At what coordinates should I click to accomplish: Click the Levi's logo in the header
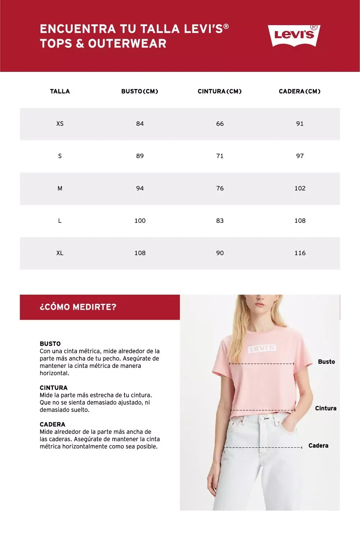[294, 35]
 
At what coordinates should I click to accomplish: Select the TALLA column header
[60, 91]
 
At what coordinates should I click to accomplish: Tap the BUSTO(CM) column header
[140, 91]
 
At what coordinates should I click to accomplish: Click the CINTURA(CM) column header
[219, 91]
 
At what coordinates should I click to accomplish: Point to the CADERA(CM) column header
[300, 91]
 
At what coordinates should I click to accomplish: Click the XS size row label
[60, 124]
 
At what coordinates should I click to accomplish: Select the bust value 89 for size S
[140, 156]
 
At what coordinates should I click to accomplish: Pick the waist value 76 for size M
[220, 188]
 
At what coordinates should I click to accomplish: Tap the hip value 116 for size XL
[300, 253]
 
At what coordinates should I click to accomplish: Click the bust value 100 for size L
[140, 221]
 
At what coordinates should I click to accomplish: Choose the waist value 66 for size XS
[220, 124]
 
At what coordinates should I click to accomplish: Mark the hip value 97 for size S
[300, 156]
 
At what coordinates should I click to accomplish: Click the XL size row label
[60, 253]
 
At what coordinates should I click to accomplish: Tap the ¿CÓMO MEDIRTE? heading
[78, 307]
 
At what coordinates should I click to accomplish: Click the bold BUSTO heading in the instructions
[50, 344]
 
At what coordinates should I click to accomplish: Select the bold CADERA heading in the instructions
[53, 424]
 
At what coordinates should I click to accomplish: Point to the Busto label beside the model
[326, 361]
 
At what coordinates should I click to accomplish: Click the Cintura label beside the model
[325, 408]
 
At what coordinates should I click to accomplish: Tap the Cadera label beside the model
[318, 446]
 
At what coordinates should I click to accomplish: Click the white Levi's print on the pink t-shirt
[262, 349]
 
